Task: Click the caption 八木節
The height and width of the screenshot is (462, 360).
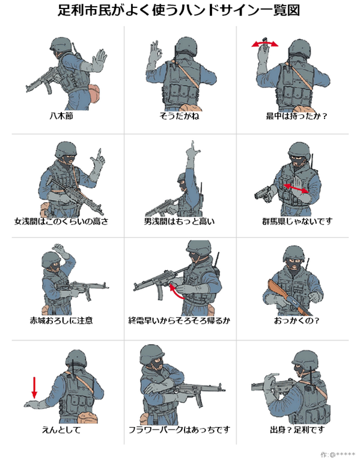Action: point(61,115)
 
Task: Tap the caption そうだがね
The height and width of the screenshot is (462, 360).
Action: point(179,115)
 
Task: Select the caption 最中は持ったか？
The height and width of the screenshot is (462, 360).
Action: point(296,115)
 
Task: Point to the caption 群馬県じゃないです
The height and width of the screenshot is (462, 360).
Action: point(297,221)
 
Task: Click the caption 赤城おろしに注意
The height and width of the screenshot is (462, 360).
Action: point(61,320)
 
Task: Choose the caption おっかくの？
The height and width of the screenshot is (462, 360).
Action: point(296,320)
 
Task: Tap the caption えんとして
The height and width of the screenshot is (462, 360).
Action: point(61,430)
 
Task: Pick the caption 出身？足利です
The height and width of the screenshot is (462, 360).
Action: point(297,430)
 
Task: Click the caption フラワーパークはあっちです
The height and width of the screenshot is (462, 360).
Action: point(179,430)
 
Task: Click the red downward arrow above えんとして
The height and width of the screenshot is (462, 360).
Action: point(34,387)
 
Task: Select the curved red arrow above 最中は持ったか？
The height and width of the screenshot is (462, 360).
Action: point(264,43)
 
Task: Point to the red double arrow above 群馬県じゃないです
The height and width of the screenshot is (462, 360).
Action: point(296,188)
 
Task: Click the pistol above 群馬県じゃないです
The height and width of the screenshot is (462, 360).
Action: point(264,194)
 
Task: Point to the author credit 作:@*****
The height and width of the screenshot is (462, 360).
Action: point(338,455)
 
